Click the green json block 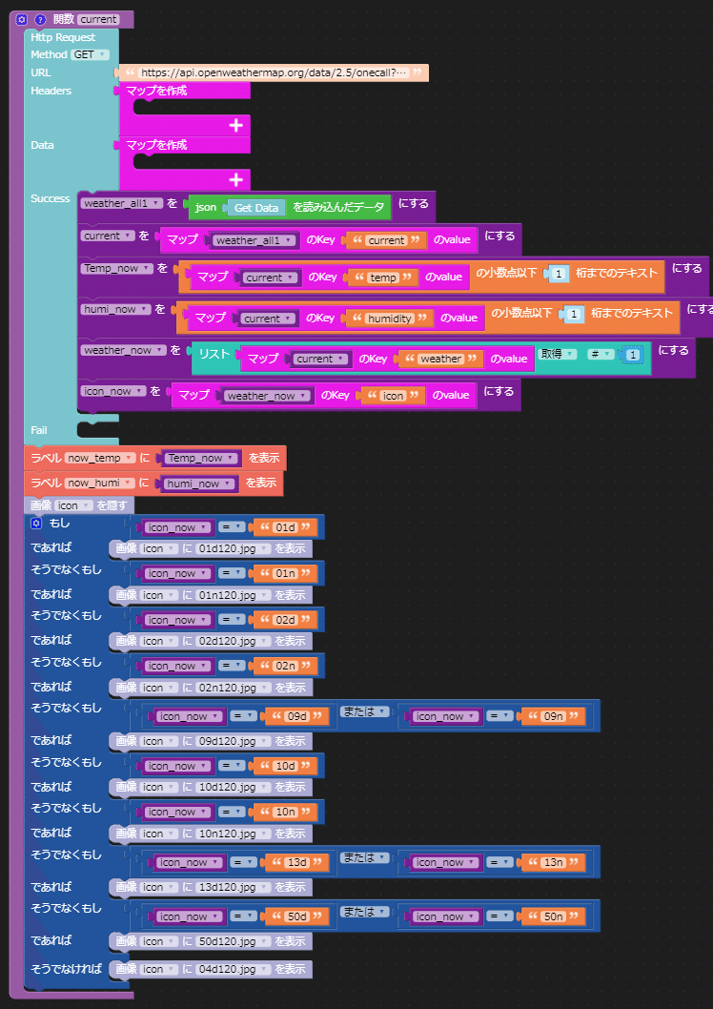[205, 207]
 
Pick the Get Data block [255, 207]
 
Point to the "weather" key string [440, 359]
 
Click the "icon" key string [393, 396]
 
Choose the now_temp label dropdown [98, 459]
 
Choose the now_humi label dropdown [98, 484]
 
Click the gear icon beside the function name [22, 19]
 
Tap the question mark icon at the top [39, 19]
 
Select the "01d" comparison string [285, 527]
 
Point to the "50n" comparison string [553, 916]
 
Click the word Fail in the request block [39, 430]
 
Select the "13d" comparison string [299, 862]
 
